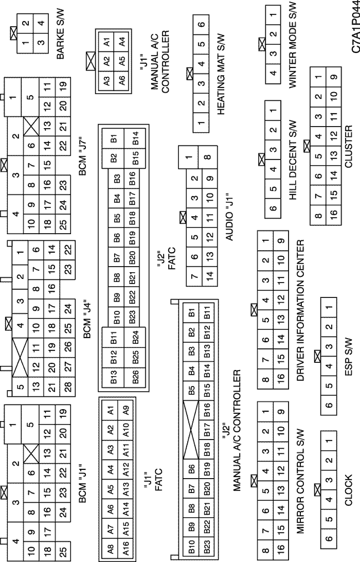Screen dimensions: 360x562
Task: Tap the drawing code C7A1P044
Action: tap(353, 27)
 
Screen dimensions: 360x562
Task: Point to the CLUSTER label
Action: tap(348, 146)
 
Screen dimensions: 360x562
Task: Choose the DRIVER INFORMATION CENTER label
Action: tap(300, 310)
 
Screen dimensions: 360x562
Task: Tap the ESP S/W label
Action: tap(349, 357)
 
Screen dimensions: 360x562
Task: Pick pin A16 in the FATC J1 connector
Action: tap(125, 548)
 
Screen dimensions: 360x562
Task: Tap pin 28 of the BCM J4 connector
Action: tap(67, 387)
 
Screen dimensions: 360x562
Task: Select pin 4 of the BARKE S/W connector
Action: tap(42, 24)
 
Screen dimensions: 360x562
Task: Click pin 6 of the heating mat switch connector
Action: tap(201, 25)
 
